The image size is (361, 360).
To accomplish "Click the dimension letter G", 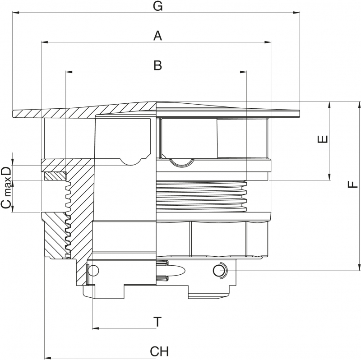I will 157,6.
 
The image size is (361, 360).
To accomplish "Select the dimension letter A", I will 157,36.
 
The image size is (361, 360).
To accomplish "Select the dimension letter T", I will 157,322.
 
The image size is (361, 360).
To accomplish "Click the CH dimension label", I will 159,351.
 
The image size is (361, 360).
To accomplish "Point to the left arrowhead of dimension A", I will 44,42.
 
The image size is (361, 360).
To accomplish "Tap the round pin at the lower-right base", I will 219,270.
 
